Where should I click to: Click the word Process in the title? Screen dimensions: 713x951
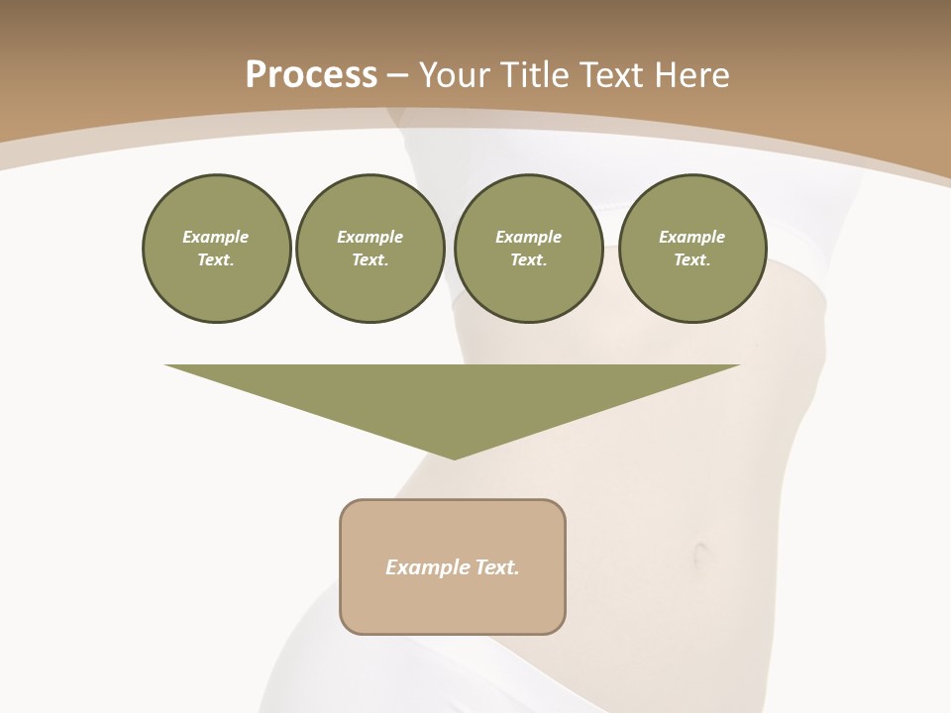pyautogui.click(x=311, y=75)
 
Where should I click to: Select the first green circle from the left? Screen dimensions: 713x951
pyautogui.click(x=216, y=249)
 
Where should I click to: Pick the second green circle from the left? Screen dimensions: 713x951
pyautogui.click(x=370, y=249)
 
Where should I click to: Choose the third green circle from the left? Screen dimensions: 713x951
pyautogui.click(x=528, y=249)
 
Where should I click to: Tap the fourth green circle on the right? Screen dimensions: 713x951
pyautogui.click(x=691, y=249)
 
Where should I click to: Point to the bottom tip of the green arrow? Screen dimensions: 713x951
pyautogui.click(x=454, y=458)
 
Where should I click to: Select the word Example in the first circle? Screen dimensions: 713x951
pyautogui.click(x=216, y=237)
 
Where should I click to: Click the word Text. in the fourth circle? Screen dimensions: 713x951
pyautogui.click(x=691, y=260)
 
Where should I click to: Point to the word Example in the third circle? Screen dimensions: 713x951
pyautogui.click(x=528, y=237)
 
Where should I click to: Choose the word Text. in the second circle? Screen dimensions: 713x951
pyautogui.click(x=370, y=260)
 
